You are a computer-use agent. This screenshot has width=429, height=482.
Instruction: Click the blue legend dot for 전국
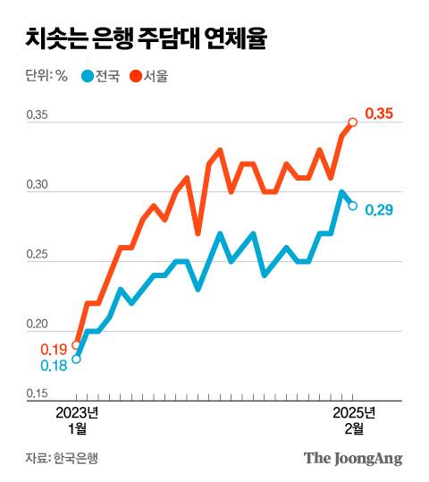[87, 75]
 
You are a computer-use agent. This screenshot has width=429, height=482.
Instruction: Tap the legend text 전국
[107, 75]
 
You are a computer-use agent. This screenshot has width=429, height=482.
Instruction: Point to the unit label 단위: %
[46, 75]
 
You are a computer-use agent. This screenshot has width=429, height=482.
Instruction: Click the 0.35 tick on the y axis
[38, 115]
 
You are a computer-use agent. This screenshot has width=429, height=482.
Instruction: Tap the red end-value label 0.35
[379, 114]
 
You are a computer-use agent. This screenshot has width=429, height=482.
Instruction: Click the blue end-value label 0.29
[379, 210]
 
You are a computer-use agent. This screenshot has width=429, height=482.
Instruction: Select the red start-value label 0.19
[54, 349]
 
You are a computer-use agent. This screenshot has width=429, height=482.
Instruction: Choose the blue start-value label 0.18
[54, 365]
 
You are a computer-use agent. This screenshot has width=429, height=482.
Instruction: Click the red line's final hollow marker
[353, 123]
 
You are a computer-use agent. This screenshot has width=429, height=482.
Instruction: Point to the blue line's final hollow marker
[353, 206]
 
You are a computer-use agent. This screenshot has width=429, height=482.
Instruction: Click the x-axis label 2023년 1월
[77, 420]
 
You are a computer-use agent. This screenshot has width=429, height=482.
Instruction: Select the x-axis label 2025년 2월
[353, 420]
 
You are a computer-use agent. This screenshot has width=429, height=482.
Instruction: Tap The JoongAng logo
[353, 458]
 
